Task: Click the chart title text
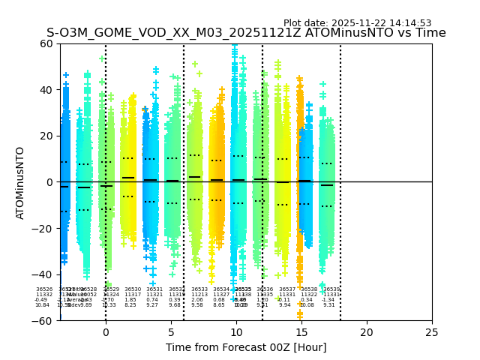(246, 33)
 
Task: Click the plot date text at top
(357, 23)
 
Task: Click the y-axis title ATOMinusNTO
(20, 182)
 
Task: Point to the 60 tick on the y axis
(47, 43)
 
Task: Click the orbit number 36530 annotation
(133, 289)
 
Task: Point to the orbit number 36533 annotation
(199, 289)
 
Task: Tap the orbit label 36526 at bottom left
(44, 289)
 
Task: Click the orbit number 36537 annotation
(287, 289)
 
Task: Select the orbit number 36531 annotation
(154, 289)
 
